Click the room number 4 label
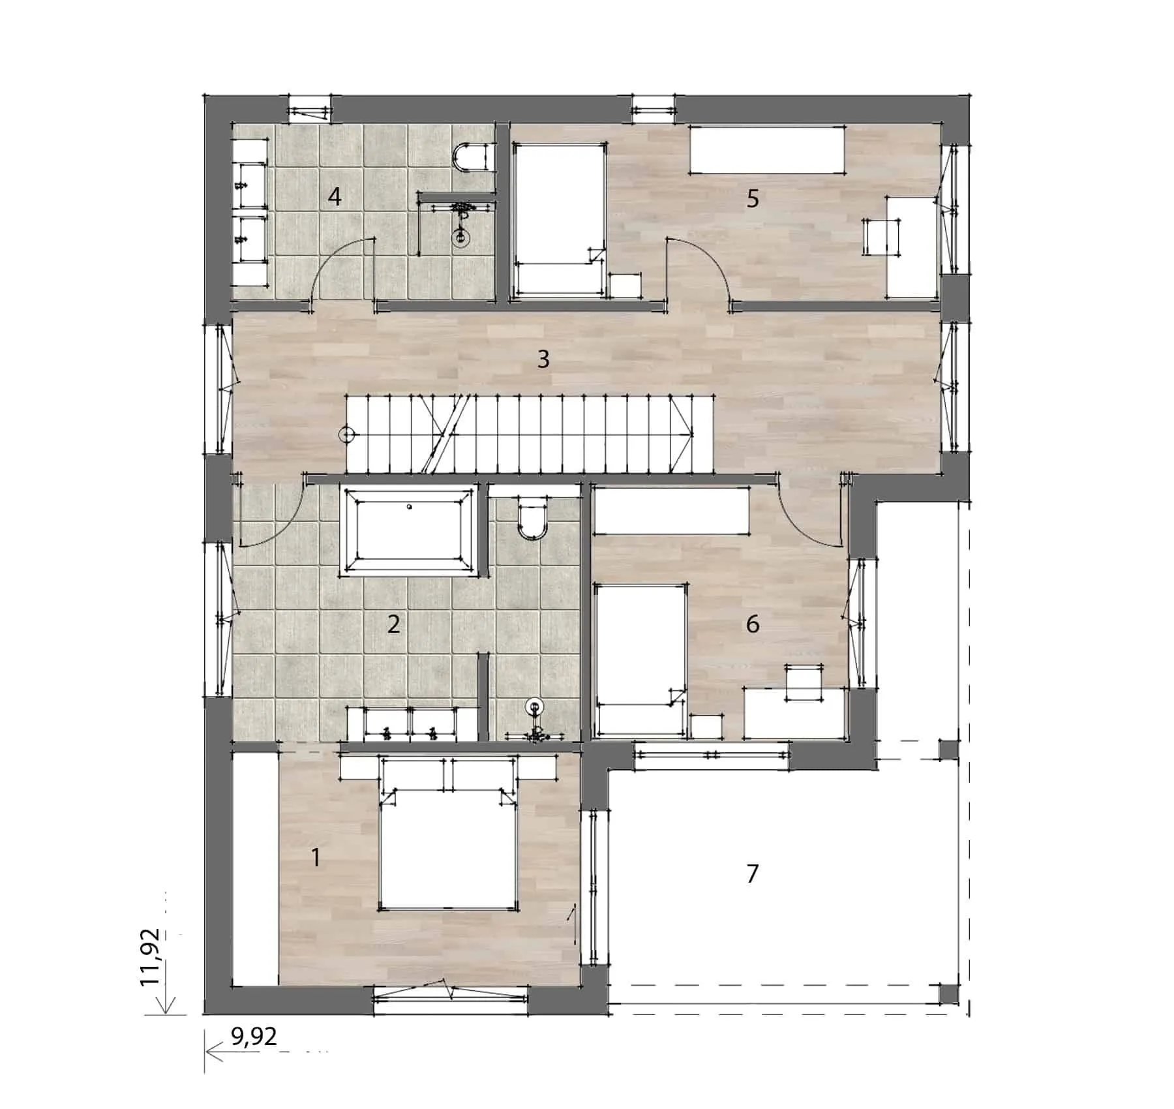(x=335, y=196)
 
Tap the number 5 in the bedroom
(x=753, y=198)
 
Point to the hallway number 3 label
(x=543, y=359)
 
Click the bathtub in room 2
(x=409, y=531)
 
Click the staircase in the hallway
(x=519, y=434)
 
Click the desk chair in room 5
(x=882, y=237)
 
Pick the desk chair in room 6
(x=805, y=682)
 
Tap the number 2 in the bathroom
(x=393, y=624)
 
